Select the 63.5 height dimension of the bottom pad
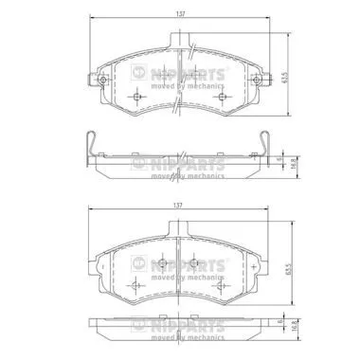(x=288, y=268)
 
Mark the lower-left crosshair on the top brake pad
(x=138, y=96)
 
